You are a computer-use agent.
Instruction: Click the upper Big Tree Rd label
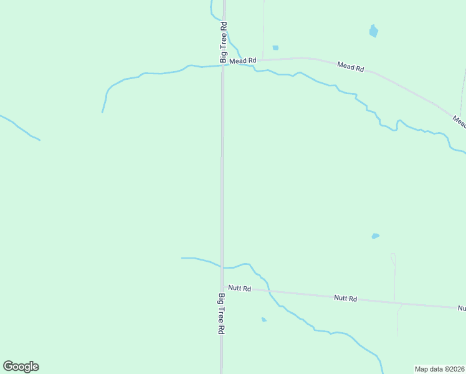tap(222, 42)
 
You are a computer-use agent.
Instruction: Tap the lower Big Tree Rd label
tap(221, 314)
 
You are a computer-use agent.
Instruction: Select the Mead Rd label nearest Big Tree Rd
tap(242, 60)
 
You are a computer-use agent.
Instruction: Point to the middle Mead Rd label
tap(350, 66)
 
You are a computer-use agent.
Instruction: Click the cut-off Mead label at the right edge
tap(459, 121)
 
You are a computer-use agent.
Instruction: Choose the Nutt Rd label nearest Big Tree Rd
tap(239, 288)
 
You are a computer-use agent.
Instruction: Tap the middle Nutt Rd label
tap(345, 299)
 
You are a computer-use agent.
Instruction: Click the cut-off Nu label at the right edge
tap(462, 308)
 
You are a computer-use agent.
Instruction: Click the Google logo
tap(21, 367)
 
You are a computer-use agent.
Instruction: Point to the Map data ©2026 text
tap(440, 369)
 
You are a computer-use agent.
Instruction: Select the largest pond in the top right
tap(374, 31)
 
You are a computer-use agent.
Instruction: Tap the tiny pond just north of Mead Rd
tap(275, 47)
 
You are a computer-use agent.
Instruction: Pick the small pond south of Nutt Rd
tap(264, 320)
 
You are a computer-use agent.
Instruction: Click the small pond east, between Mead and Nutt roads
tap(375, 236)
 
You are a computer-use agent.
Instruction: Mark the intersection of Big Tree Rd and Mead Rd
tap(223, 64)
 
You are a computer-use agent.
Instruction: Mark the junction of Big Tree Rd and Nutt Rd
tap(222, 287)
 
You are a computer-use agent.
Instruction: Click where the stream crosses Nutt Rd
tap(269, 290)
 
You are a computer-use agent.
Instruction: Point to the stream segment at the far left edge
tap(19, 127)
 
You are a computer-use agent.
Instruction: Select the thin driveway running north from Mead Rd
tap(263, 28)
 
